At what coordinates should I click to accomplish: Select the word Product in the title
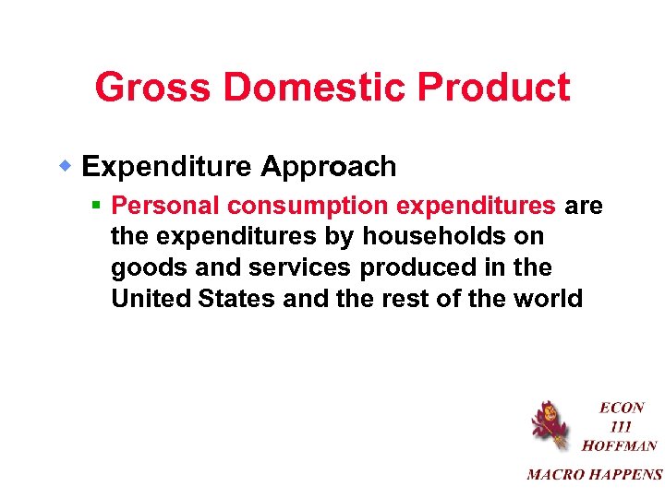[494, 89]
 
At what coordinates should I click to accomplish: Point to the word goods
[139, 268]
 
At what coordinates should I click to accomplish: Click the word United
[149, 299]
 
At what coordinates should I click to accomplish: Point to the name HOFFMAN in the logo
[620, 445]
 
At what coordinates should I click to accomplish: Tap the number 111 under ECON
[622, 426]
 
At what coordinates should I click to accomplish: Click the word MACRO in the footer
[555, 475]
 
